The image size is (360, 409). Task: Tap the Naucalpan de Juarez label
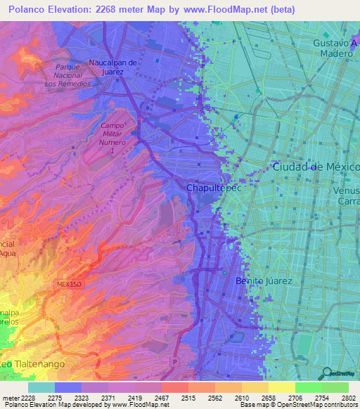coord(117,67)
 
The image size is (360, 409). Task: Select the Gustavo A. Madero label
coord(332,48)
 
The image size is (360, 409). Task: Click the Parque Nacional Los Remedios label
coord(67,74)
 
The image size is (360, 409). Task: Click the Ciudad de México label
coord(315,167)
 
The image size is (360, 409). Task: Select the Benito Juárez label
coord(264,280)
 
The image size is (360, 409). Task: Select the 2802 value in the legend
coord(348,397)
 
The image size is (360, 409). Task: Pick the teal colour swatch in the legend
coord(41,387)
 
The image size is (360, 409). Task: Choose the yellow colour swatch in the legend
coord(281,387)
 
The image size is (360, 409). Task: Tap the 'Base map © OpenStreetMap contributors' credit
coord(297,405)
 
